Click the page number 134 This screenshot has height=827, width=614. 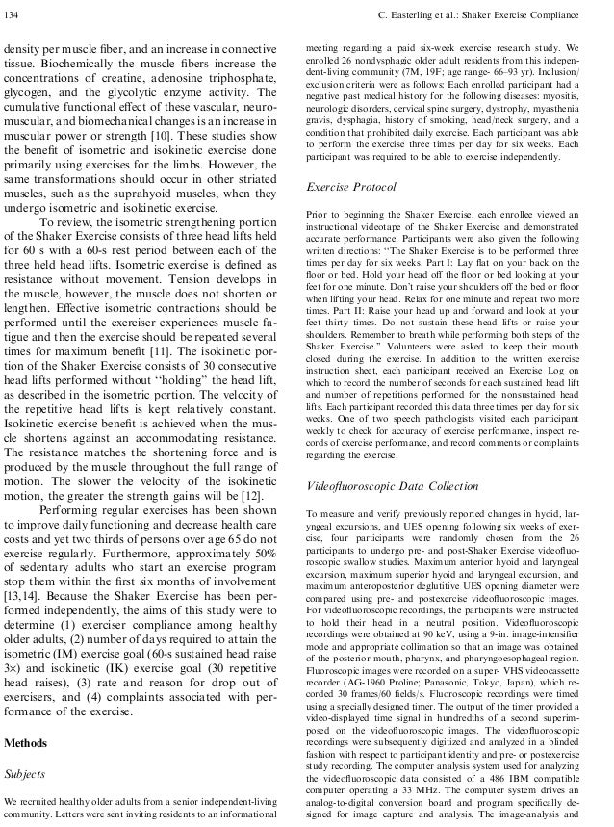pos(14,13)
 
